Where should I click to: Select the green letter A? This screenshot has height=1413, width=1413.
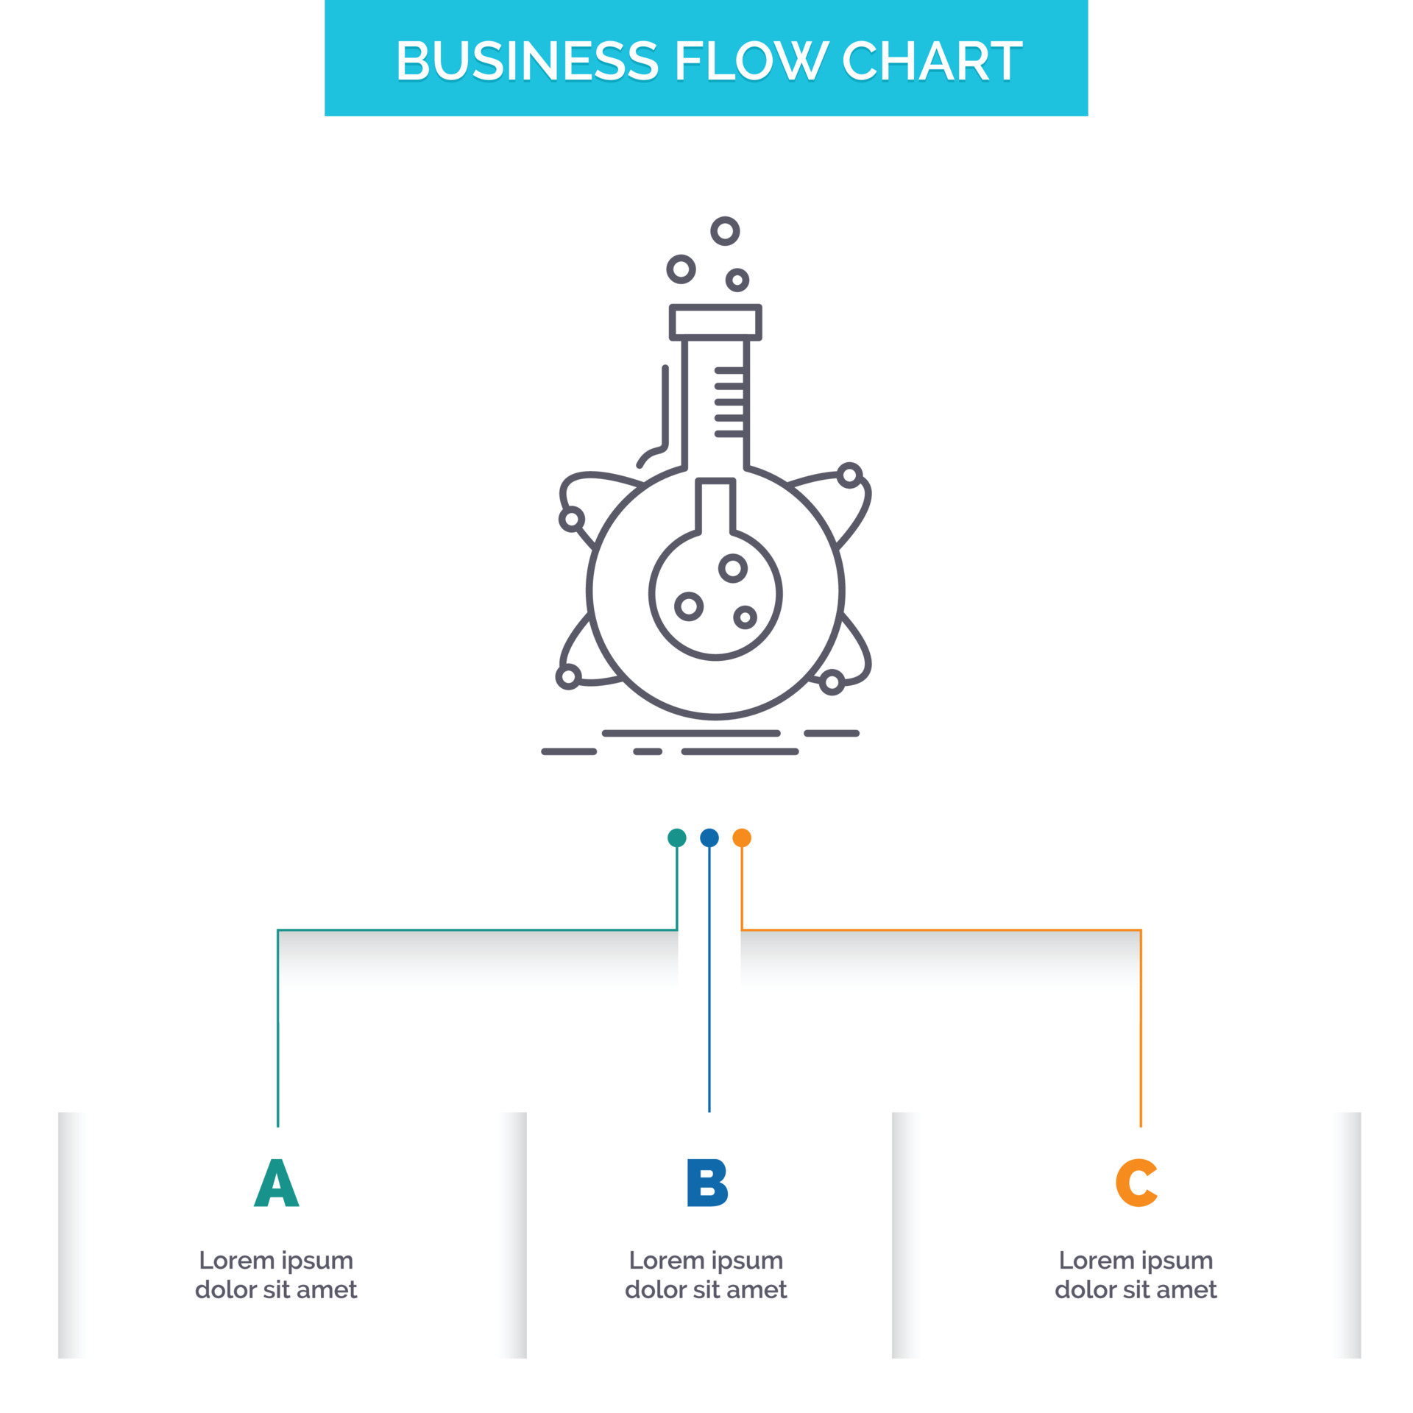[x=276, y=1183]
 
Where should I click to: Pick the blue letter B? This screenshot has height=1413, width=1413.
[x=706, y=1183]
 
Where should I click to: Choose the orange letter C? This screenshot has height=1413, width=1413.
[x=1136, y=1183]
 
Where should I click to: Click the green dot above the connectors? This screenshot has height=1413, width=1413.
[x=676, y=837]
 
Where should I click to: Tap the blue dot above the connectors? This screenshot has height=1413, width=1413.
[x=709, y=837]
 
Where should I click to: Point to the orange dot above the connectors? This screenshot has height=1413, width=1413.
[x=742, y=837]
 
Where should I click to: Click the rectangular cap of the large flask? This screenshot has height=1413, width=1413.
[x=715, y=322]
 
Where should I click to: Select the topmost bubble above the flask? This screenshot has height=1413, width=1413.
[x=725, y=231]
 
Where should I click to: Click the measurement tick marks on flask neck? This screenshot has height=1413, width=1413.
[x=729, y=402]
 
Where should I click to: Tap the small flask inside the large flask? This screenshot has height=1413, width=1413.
[x=715, y=581]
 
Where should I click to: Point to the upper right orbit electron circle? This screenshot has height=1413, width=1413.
[x=849, y=475]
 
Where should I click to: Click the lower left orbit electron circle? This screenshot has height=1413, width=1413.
[x=568, y=676]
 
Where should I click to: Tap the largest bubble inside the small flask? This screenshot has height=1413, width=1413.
[x=733, y=568]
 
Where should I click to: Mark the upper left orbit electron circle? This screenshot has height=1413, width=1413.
[x=572, y=520]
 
